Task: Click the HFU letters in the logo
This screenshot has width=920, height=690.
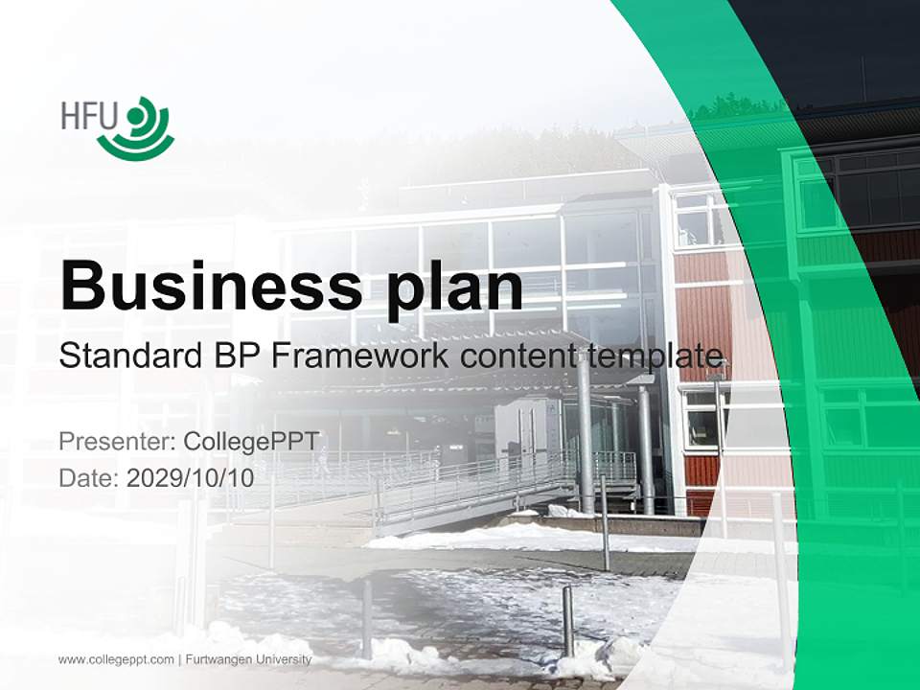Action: click(x=88, y=116)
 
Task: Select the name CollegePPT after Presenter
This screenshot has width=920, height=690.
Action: click(x=250, y=442)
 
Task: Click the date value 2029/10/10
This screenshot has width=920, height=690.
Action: click(x=190, y=477)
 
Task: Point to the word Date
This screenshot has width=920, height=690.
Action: click(x=85, y=477)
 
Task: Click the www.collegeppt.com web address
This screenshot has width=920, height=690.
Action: click(x=116, y=659)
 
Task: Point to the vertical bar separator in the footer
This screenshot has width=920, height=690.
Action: click(x=179, y=659)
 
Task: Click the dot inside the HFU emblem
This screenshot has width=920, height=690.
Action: click(x=132, y=116)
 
